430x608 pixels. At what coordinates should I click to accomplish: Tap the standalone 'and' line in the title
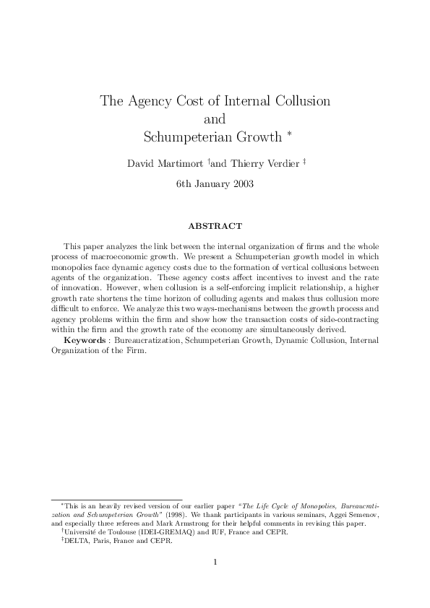(215, 118)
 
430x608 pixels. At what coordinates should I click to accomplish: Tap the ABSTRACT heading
(215, 226)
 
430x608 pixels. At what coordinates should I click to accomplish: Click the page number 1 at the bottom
(215, 563)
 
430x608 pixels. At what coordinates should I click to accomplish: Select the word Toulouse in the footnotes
(116, 531)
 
